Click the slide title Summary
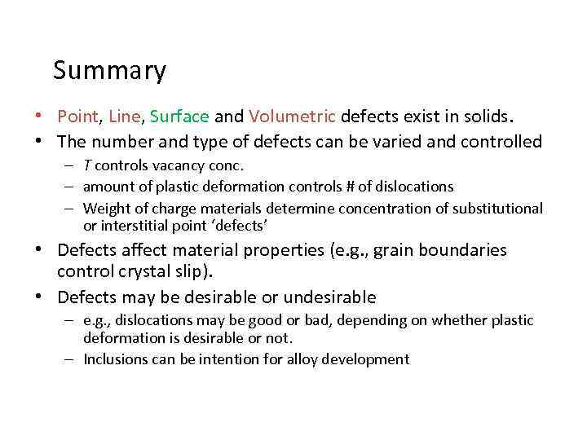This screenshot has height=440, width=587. [x=109, y=72]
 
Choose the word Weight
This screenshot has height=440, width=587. [x=105, y=209]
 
